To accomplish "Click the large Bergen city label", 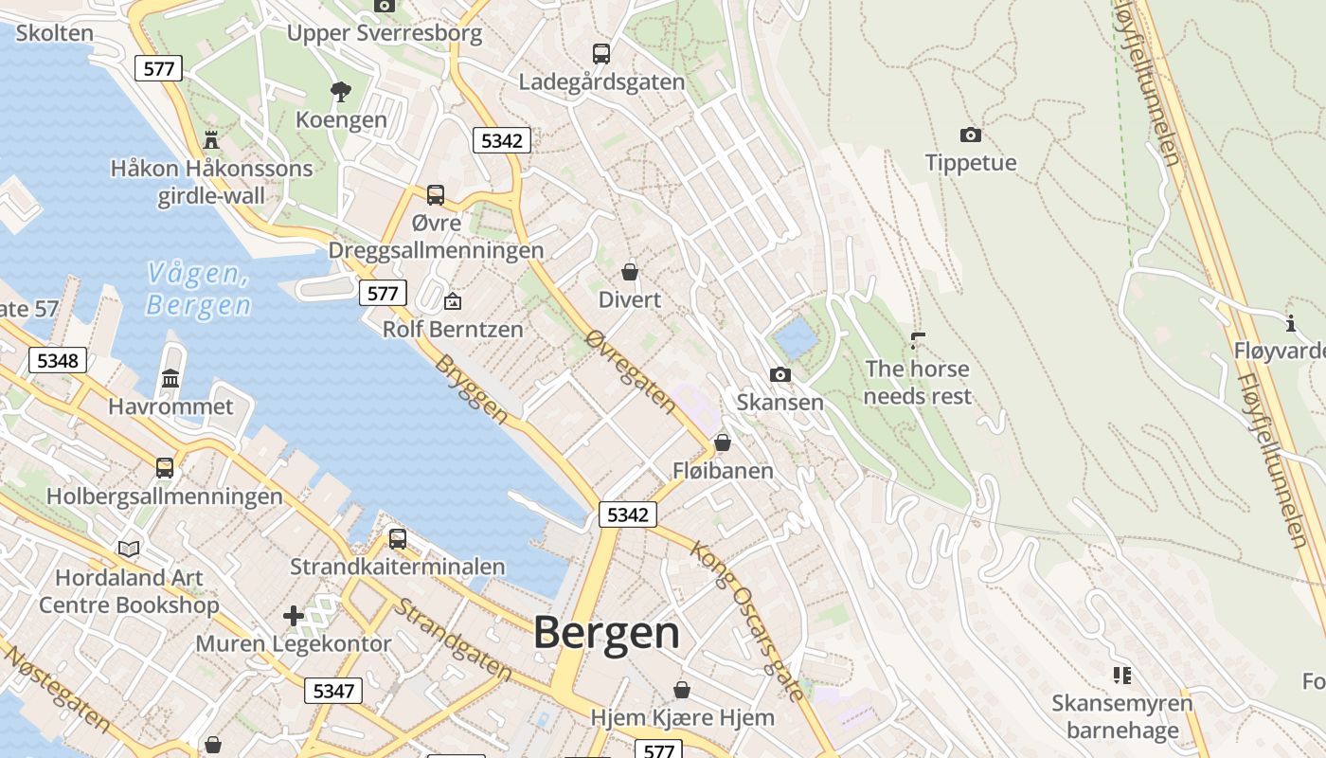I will point(606,633).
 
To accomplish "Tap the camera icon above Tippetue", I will point(970,135).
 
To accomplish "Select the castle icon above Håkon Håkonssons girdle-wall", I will point(211,140).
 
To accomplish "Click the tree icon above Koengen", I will point(341,91).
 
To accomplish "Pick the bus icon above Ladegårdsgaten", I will point(600,53).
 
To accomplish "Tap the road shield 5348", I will point(58,360).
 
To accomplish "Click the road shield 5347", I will point(333,691).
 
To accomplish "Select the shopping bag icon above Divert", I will point(629,272).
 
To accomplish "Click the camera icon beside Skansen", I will point(779,374).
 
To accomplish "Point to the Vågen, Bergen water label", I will point(199,290).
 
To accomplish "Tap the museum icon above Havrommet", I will point(170,378).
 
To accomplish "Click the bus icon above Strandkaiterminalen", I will point(398,538).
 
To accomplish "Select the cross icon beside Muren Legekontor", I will point(294,616).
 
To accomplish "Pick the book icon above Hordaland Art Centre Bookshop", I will point(129,549).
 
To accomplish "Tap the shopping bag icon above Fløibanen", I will point(723,442).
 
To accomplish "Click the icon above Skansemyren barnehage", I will point(1122,676).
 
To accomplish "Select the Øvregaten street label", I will point(630,371).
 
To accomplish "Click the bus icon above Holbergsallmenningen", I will point(165,467).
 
